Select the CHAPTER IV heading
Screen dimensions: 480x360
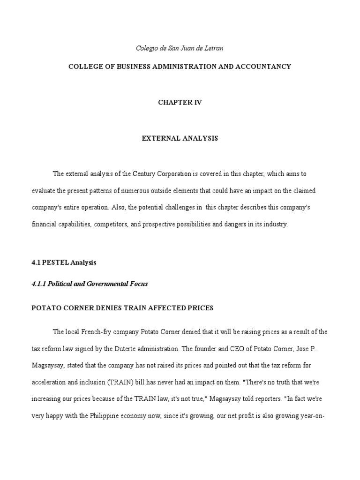click(180, 102)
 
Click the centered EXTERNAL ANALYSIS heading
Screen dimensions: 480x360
click(180, 138)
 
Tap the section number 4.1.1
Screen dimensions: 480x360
click(39, 284)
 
